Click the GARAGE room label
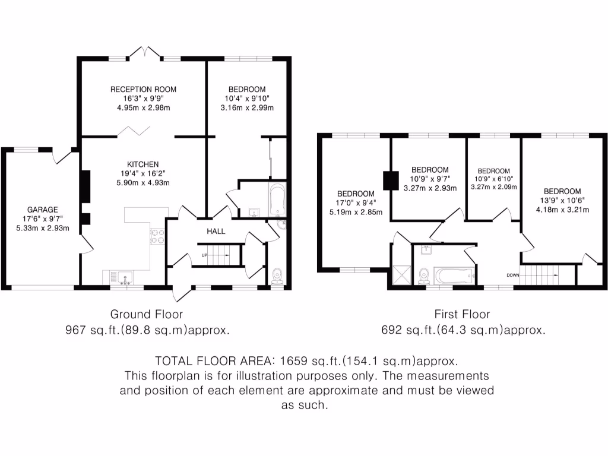pyautogui.click(x=42, y=210)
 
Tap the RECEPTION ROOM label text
pyautogui.click(x=143, y=89)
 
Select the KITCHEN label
pyautogui.click(x=142, y=164)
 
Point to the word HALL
pyautogui.click(x=216, y=231)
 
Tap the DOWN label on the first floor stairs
pyautogui.click(x=514, y=275)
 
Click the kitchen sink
pyautogui.click(x=125, y=277)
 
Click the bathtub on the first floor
pyautogui.click(x=454, y=275)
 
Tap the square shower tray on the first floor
pyautogui.click(x=401, y=274)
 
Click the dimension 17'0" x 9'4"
pyautogui.click(x=356, y=202)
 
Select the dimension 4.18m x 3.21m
pyautogui.click(x=562, y=210)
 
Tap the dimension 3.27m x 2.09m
pyautogui.click(x=493, y=186)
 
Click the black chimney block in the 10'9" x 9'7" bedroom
pyautogui.click(x=391, y=180)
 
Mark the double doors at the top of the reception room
pyautogui.click(x=145, y=53)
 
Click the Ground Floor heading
pyautogui.click(x=147, y=314)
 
